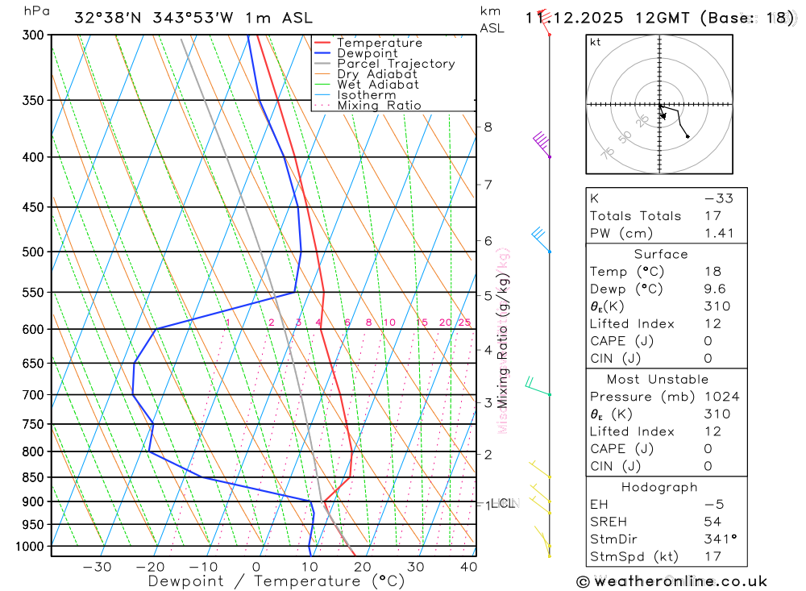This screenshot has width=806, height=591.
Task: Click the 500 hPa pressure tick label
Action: point(33,252)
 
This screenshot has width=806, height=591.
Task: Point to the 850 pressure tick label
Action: point(33,477)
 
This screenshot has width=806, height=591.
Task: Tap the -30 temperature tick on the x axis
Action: point(97,567)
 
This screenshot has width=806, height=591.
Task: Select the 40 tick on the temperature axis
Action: point(467,567)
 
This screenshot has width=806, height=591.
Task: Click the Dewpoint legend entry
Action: point(367,53)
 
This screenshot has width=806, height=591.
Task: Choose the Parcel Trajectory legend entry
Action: point(395,64)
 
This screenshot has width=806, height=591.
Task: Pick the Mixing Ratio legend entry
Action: point(379,105)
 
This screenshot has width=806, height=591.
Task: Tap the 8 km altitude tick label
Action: point(488,127)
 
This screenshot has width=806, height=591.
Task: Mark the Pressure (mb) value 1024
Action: point(717,397)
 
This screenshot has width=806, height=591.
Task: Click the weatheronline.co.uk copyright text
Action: point(671,581)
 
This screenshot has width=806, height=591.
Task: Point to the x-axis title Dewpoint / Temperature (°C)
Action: point(276,581)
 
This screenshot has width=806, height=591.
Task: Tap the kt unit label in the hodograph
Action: point(596,42)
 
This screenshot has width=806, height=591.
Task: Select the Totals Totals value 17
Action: point(712,216)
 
